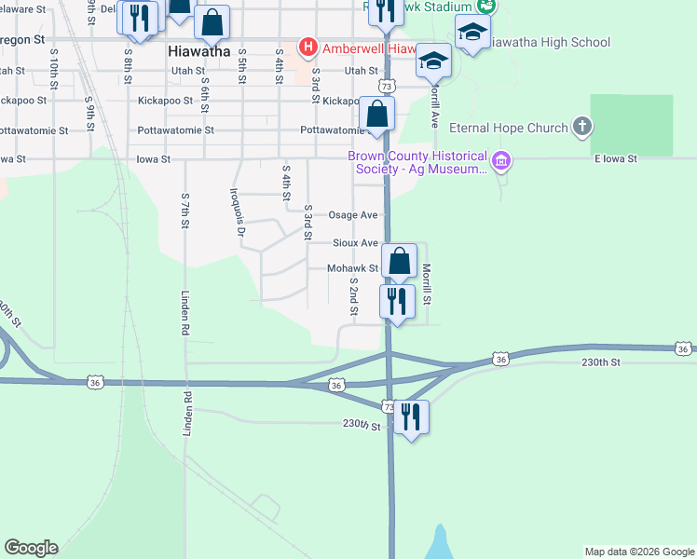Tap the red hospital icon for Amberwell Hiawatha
(x=307, y=47)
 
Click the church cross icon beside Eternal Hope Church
(x=582, y=127)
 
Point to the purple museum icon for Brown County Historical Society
(x=501, y=161)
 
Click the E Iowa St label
(x=616, y=159)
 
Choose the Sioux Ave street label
(x=356, y=243)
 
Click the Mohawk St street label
(x=351, y=268)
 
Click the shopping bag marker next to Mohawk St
(x=399, y=262)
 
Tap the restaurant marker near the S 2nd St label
(x=397, y=303)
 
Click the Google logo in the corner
(x=31, y=548)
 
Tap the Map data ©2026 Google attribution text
(x=638, y=552)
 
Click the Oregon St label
(x=22, y=40)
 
